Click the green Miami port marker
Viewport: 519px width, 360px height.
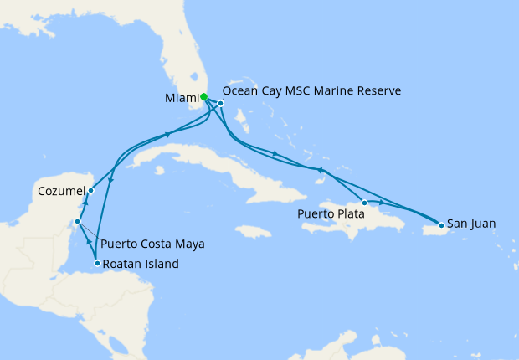tap(204, 96)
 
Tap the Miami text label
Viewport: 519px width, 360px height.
tap(182, 97)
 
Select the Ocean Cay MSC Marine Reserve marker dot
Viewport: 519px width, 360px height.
tap(220, 103)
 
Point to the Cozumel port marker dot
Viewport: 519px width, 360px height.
tap(91, 191)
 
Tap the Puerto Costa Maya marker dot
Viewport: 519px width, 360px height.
tap(77, 222)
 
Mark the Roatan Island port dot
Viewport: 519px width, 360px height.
tap(98, 264)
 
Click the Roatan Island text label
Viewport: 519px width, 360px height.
tap(141, 264)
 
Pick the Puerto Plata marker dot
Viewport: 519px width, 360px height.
tap(364, 203)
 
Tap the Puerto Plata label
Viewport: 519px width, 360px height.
tap(329, 213)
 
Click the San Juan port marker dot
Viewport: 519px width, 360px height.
tap(441, 225)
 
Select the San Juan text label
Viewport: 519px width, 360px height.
tap(471, 224)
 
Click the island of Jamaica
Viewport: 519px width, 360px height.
tap(250, 230)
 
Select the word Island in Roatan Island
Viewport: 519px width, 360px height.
tap(162, 264)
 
